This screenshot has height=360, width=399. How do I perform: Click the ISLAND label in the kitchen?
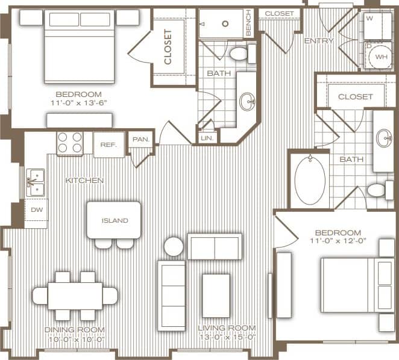coord(115,220)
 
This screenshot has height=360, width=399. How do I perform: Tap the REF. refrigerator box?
coord(108,144)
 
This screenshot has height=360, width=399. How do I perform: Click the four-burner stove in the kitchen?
coord(70,143)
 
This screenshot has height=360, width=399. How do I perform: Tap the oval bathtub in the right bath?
coord(310,179)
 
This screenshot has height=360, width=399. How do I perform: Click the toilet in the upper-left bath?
coord(239,54)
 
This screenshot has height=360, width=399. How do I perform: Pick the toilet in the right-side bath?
coord(377,190)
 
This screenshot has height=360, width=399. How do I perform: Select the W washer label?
coord(369,18)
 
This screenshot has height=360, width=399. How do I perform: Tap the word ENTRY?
coord(319,41)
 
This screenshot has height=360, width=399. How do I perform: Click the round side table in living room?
coord(174,247)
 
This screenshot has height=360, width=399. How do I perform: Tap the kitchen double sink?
coord(36,182)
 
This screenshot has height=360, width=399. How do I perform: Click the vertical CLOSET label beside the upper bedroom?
coord(168,47)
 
